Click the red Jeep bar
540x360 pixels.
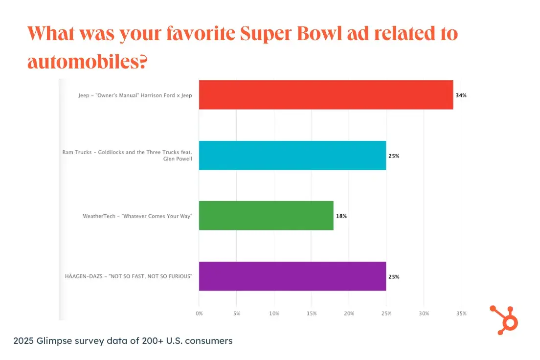tap(326, 95)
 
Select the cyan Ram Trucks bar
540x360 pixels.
tap(292, 156)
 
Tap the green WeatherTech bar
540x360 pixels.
tap(266, 216)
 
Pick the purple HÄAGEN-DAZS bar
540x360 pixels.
tap(292, 276)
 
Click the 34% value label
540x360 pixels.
tap(461, 95)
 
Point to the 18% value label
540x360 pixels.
tap(341, 216)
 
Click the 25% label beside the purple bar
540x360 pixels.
tap(394, 276)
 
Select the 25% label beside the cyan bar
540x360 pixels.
tap(394, 156)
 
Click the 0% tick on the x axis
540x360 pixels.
tap(199, 313)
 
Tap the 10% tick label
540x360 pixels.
tap(274, 313)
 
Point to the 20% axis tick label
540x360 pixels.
tap(349, 313)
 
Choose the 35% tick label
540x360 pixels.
tap(461, 313)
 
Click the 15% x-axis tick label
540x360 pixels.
tap(312, 313)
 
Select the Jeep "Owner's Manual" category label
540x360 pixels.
tap(135, 95)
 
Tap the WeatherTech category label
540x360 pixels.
tap(137, 216)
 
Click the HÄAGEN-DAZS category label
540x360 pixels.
tap(129, 276)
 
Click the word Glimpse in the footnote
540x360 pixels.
tap(56, 341)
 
